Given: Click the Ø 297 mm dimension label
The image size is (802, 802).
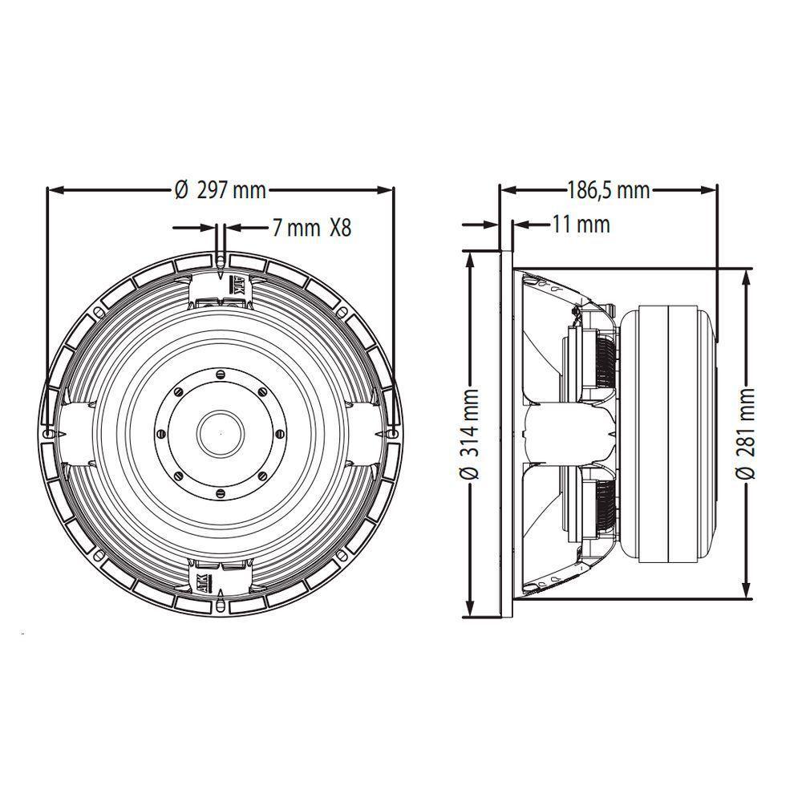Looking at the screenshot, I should click(x=221, y=190).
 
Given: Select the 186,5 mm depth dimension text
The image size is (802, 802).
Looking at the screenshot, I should click(x=609, y=190).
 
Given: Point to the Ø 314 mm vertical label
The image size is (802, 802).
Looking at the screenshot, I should click(x=471, y=433).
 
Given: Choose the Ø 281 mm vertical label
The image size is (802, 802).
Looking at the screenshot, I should click(x=747, y=433).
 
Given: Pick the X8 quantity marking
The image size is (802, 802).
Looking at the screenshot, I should click(x=340, y=228).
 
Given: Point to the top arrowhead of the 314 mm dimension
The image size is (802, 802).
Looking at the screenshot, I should click(x=471, y=256).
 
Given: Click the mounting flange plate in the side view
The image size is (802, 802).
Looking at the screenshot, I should click(x=506, y=433).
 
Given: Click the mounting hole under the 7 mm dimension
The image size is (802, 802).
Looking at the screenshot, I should click(x=221, y=258).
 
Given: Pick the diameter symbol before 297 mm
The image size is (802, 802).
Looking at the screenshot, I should click(x=180, y=190).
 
